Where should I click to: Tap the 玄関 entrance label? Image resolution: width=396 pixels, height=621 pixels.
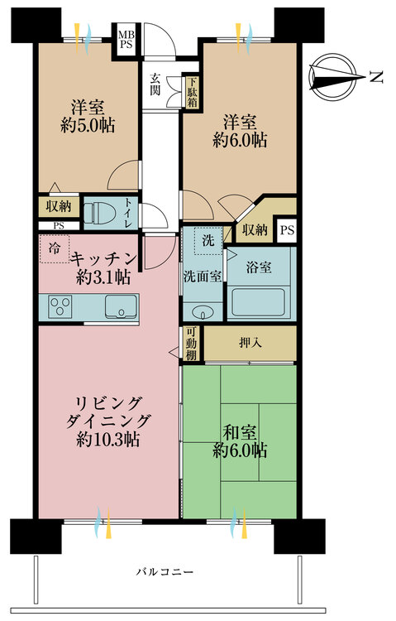point(155,84)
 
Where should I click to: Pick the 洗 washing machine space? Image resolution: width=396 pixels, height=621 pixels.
point(208,240)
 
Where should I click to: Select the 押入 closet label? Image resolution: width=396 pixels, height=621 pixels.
point(250,343)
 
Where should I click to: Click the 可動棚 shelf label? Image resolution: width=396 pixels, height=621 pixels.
point(191,342)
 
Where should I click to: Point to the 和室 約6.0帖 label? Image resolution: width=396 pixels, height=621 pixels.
point(239,440)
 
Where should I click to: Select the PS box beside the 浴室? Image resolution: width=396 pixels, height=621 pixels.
point(286,229)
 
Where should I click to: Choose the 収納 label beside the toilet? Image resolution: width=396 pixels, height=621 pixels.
point(58,206)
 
